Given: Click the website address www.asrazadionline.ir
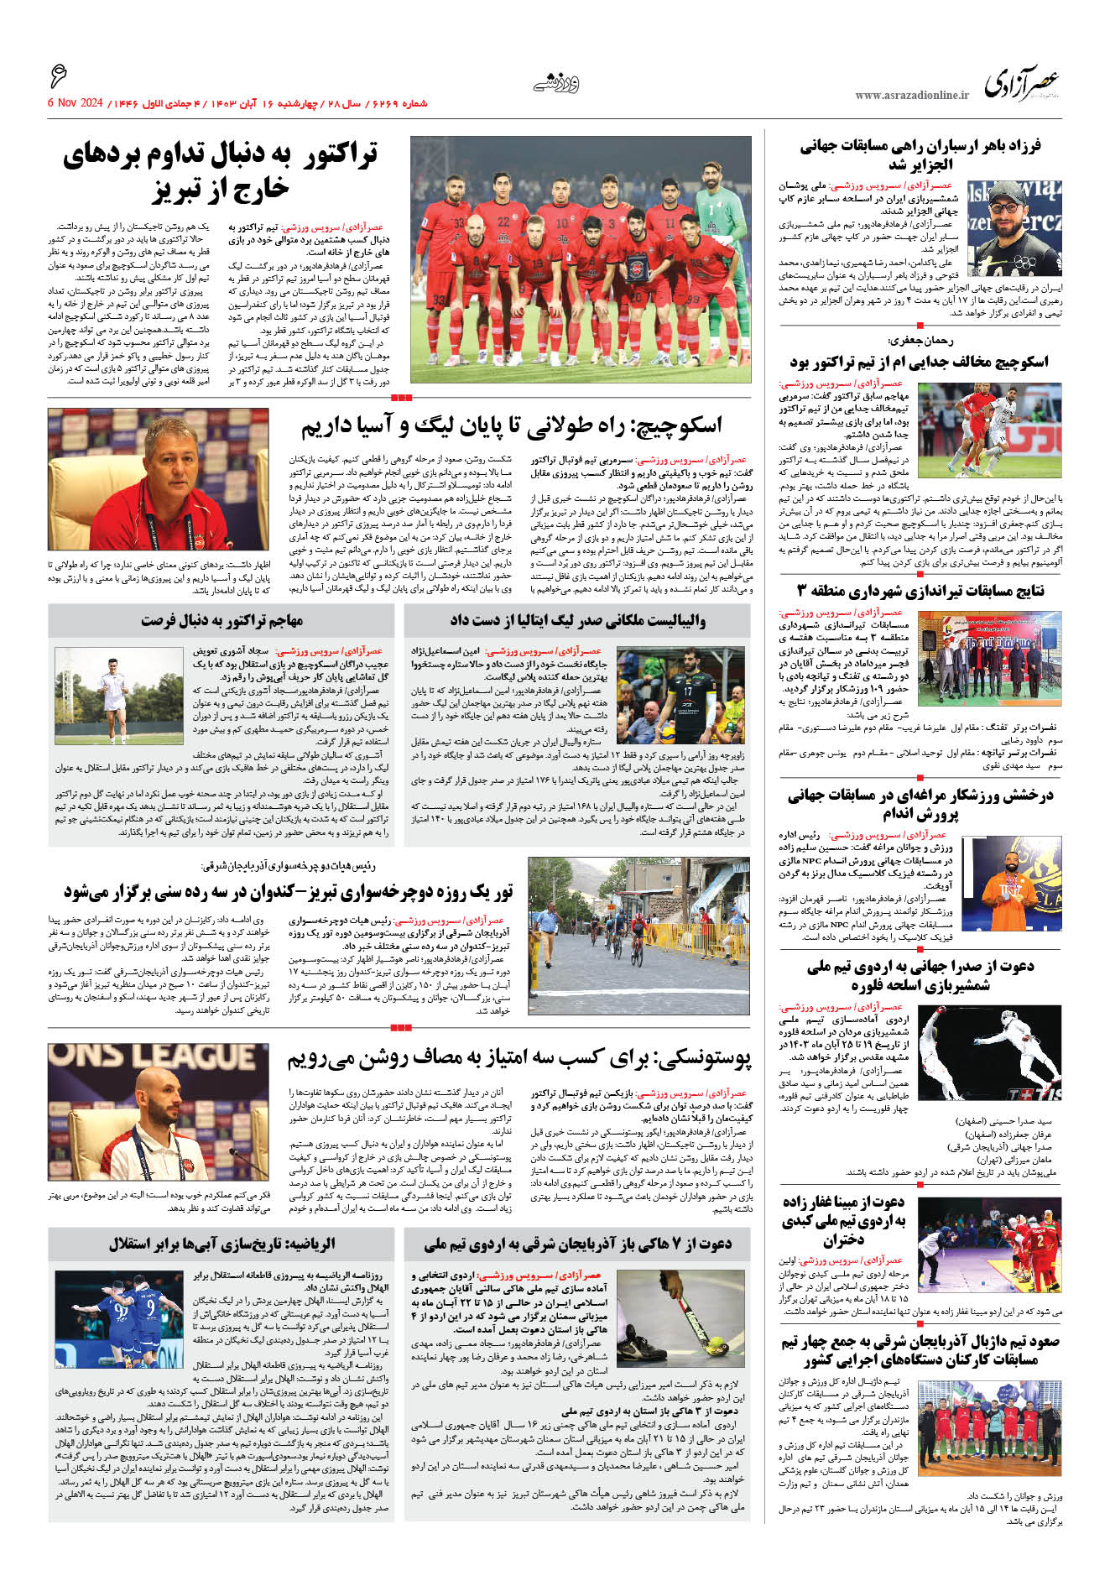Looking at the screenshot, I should coord(911,95).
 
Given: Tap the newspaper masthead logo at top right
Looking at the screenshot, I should coord(1022,84).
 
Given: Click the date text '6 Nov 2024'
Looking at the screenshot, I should coord(75,103).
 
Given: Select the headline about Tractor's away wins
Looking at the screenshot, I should coord(221,172).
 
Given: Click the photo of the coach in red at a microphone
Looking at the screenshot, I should coord(159,479).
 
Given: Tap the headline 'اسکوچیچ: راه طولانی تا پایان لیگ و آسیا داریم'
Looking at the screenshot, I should coord(512,426).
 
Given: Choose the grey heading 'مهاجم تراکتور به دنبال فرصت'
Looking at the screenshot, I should coord(221,620).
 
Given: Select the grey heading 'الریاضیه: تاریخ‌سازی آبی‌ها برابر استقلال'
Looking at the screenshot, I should coord(221,1243).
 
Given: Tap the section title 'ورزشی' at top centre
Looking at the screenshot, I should coord(555,82).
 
